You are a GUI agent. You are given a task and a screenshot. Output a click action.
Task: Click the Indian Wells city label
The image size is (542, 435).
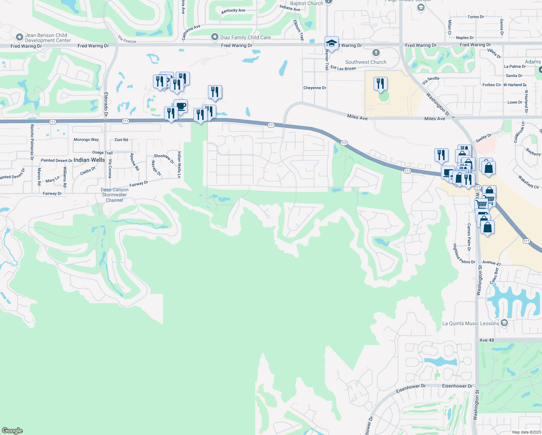[x=89, y=160]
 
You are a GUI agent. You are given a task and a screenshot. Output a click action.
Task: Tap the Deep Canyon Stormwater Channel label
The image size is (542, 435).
[x=114, y=195]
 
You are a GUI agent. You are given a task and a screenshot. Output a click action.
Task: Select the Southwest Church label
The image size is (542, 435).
[x=366, y=62]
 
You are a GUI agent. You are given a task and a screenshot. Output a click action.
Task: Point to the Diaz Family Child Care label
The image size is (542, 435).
[x=245, y=37]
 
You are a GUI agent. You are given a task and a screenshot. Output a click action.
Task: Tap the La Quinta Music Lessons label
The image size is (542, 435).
[x=471, y=323]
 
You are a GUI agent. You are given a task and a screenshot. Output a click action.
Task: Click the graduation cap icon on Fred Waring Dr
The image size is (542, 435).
[x=332, y=43]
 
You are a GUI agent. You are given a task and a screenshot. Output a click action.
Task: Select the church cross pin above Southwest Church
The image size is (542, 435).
[x=376, y=53]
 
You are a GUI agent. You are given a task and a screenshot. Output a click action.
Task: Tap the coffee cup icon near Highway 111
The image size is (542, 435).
[x=180, y=107]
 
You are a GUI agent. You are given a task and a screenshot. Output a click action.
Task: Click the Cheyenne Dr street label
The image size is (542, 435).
[x=314, y=88]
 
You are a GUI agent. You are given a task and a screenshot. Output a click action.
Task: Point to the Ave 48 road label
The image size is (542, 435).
[x=487, y=340]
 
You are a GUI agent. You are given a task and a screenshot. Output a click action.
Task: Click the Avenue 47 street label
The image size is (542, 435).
[x=491, y=262]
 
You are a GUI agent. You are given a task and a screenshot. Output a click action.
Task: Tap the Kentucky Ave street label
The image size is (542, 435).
[x=233, y=11]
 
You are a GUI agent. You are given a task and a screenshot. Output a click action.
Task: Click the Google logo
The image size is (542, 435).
[x=12, y=430]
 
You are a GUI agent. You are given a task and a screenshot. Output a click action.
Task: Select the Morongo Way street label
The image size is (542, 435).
[x=86, y=140]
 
